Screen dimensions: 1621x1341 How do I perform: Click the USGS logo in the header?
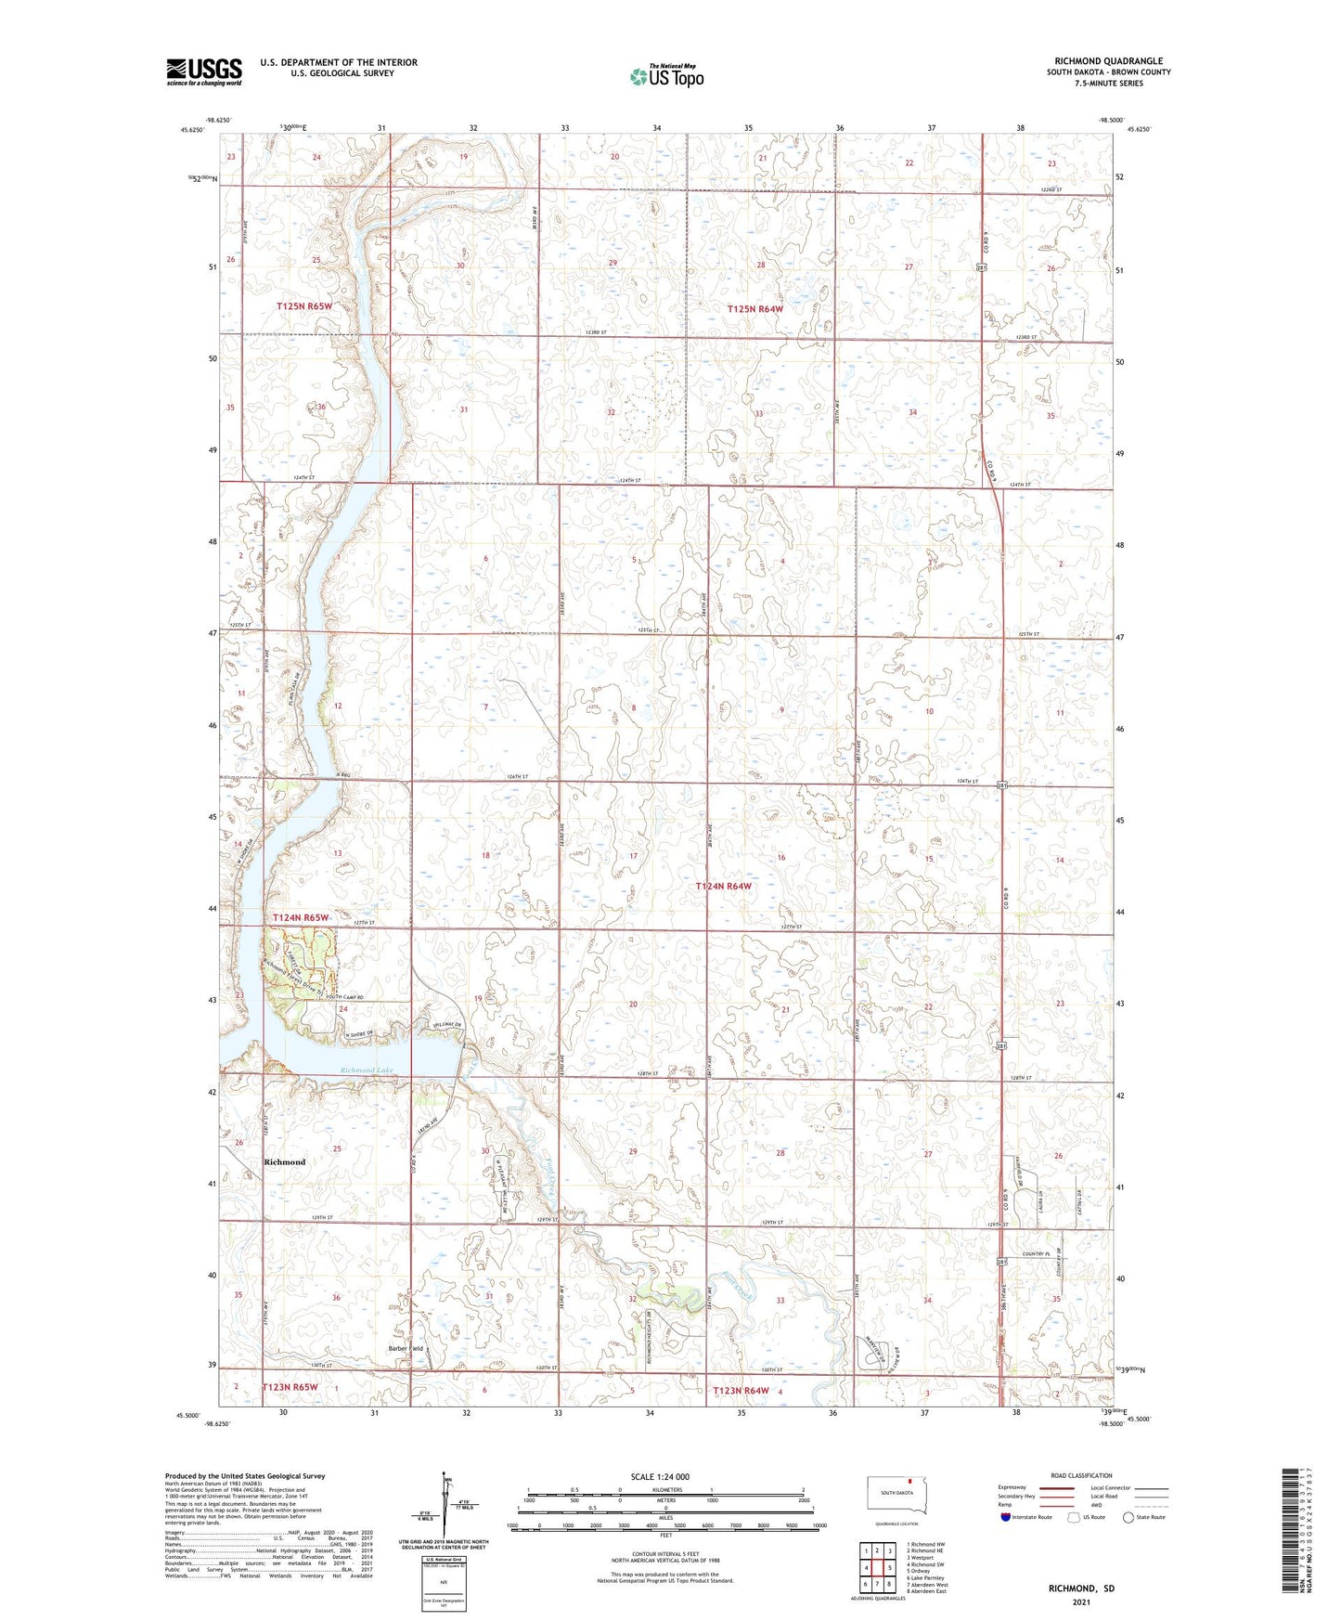click(204, 71)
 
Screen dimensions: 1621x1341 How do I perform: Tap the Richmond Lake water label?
click(367, 1070)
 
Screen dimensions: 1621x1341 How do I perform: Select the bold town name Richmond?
click(284, 1161)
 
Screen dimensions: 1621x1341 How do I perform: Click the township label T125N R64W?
click(755, 309)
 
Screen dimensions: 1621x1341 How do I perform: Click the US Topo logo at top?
click(665, 76)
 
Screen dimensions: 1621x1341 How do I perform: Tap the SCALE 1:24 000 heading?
click(660, 1476)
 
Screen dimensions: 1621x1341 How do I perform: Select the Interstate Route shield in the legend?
click(1006, 1517)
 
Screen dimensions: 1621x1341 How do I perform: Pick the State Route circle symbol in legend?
click(1128, 1517)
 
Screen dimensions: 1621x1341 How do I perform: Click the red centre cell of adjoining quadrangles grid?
click(877, 1568)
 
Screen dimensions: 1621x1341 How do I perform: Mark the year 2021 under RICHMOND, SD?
click(1081, 1602)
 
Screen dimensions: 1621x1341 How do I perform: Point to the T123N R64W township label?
click(741, 1390)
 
